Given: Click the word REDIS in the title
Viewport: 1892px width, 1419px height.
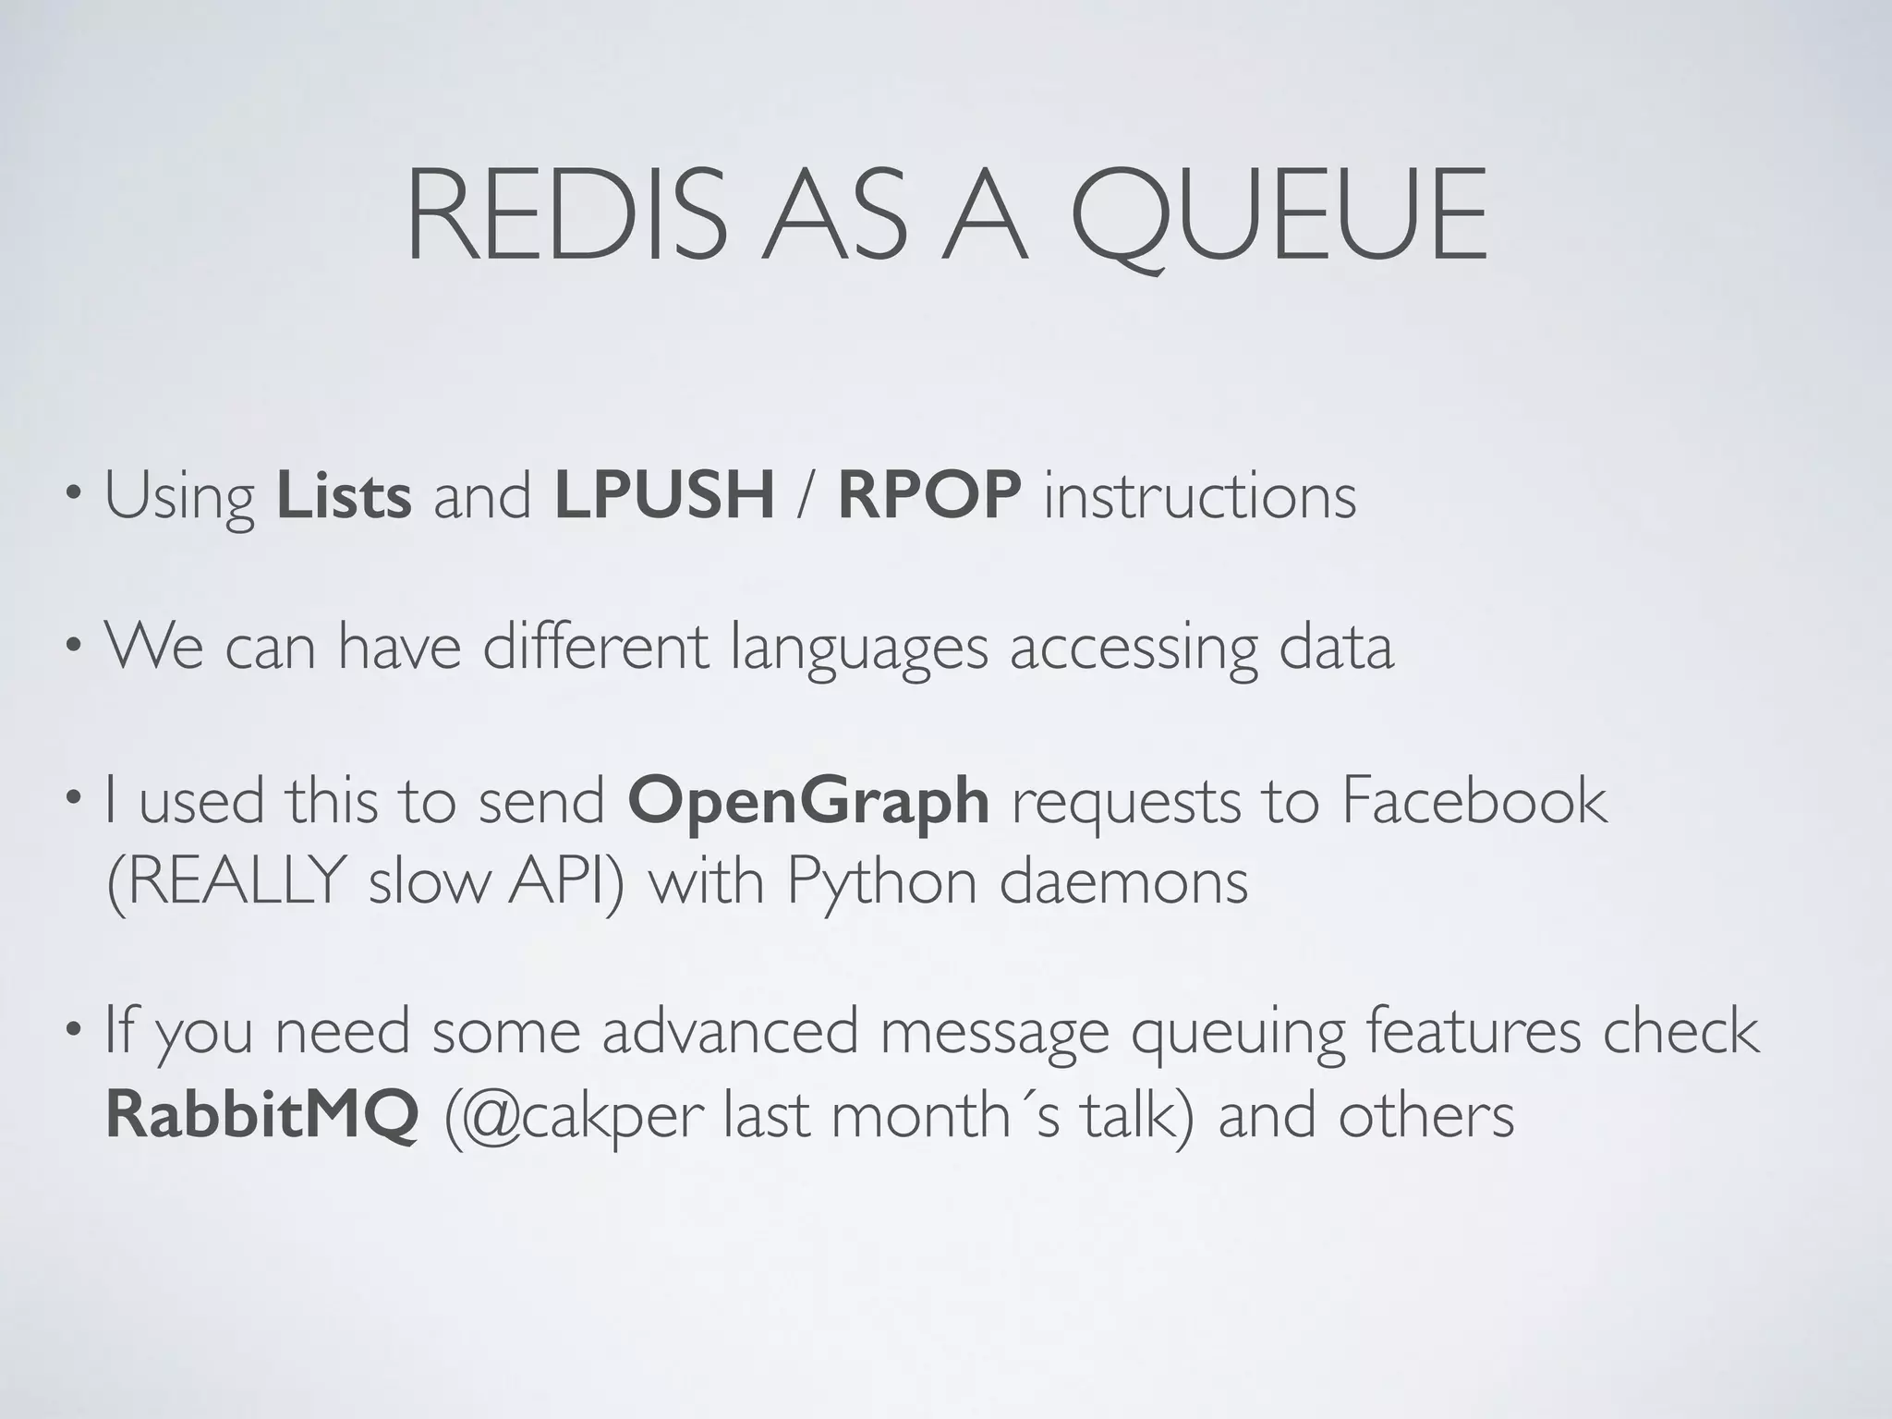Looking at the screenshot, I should [565, 216].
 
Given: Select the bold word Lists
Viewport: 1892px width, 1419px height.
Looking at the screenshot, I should [344, 496].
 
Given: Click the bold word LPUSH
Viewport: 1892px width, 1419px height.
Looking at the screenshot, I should [664, 496].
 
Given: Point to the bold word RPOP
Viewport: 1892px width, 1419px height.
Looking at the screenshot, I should [928, 496].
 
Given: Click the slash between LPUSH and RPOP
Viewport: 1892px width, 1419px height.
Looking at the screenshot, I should [806, 497].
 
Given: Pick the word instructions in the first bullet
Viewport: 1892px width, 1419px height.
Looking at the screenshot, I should [1200, 496].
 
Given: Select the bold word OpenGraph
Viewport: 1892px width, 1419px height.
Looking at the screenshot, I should [808, 802].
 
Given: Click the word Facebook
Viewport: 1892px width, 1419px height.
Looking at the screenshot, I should [1474, 800].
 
